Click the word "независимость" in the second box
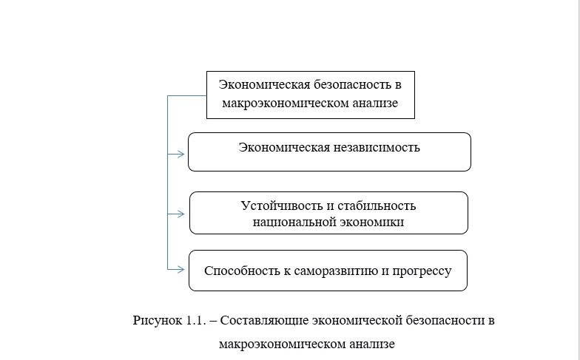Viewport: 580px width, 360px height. pos(376,147)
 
